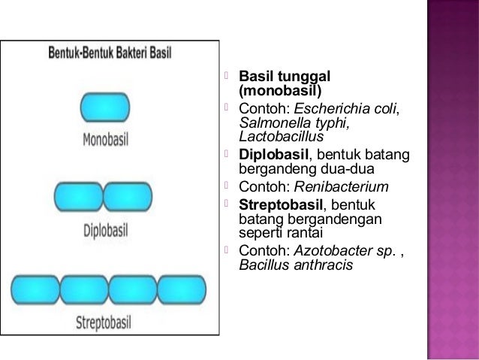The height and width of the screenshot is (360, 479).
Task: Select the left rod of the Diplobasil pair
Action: tap(78, 197)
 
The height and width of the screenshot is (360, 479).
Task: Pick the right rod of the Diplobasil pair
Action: tap(128, 197)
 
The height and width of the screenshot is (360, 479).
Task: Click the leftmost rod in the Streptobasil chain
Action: tap(35, 289)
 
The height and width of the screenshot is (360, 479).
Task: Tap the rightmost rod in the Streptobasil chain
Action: tap(182, 289)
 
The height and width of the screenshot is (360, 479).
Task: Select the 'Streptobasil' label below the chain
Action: tap(110, 323)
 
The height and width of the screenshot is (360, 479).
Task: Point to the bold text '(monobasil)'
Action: tap(279, 91)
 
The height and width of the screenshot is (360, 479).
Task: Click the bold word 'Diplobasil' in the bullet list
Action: tap(273, 155)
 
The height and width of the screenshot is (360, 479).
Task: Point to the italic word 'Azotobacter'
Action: tap(335, 250)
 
